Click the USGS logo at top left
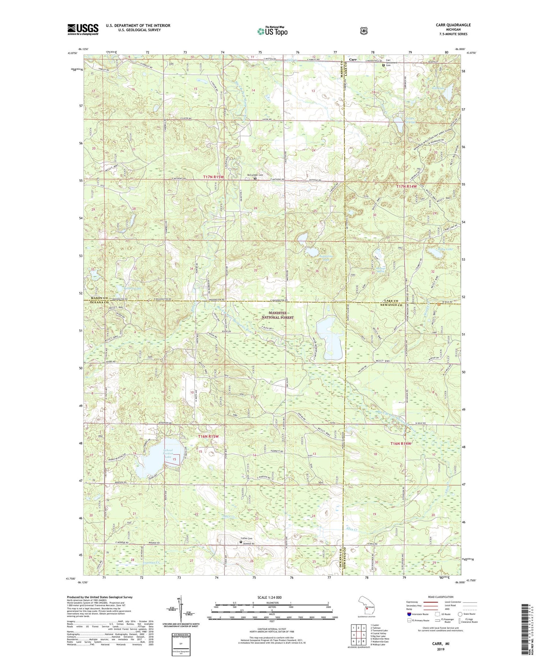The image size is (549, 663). point(83,29)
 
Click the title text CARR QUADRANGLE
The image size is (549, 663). point(453,25)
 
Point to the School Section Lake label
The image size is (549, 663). point(168,453)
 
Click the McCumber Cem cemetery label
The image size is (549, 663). point(255,175)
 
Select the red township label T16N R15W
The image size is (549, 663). point(208,436)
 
